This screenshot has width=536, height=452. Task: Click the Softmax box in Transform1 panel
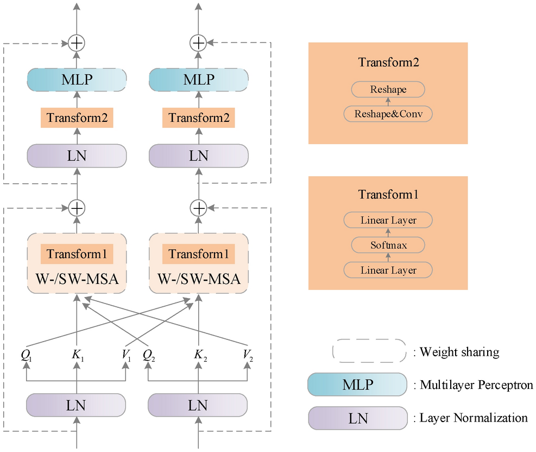coord(388,245)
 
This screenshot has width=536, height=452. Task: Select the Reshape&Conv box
coord(388,114)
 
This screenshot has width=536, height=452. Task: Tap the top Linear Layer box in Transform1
coord(388,220)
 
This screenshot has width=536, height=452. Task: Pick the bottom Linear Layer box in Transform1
coord(388,270)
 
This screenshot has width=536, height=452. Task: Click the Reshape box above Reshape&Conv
coord(388,89)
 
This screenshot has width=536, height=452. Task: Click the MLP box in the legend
coord(357,385)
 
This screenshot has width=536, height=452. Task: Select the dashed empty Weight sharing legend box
coord(369,351)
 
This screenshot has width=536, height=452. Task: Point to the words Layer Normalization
coord(474,418)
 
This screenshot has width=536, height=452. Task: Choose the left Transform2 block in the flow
coord(77,118)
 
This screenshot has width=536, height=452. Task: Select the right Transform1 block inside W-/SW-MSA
coord(199,254)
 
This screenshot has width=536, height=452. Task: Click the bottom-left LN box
coord(77,405)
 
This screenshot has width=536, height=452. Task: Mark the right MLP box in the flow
coord(199,80)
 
